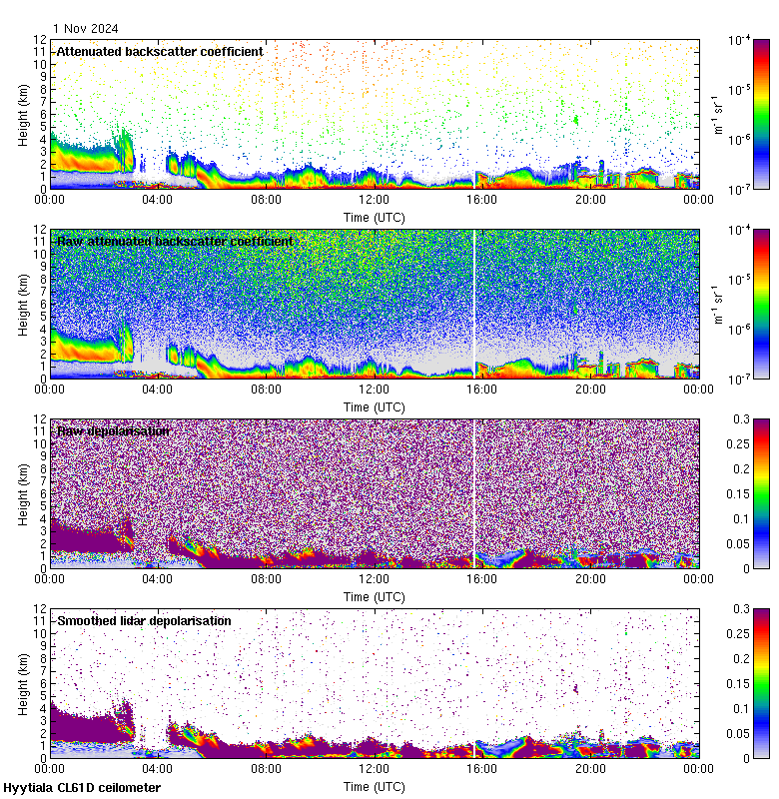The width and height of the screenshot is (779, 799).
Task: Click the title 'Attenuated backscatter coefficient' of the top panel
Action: point(160,51)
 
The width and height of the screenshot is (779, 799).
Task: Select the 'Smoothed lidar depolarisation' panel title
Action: point(144,620)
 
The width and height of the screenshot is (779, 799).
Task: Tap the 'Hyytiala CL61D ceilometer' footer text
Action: point(82,788)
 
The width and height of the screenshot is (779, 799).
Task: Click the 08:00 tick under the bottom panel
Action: point(267,768)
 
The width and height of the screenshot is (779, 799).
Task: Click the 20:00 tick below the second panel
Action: point(590,389)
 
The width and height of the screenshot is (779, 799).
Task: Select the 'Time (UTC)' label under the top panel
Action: point(375,217)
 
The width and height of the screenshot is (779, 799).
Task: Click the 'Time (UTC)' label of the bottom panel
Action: point(375,786)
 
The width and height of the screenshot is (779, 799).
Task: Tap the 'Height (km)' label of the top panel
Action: point(22,114)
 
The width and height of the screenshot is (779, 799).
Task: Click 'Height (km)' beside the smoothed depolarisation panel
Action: point(22,683)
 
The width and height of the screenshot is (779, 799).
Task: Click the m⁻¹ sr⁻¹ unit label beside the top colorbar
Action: point(716,114)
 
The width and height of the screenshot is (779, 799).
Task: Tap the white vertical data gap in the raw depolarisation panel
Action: point(474,489)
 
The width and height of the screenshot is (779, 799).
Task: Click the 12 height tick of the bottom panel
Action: point(41,608)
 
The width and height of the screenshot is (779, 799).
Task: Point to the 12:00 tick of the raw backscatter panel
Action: point(375,389)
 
